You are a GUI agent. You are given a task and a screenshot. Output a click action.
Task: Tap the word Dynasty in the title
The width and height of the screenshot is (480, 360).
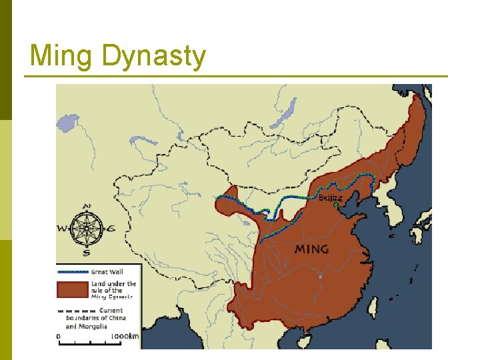tap(154, 57)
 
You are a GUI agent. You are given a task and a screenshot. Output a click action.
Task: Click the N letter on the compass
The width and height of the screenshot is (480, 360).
tap(87, 207)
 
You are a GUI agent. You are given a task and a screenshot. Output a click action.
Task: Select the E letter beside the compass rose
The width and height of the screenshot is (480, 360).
tap(111, 229)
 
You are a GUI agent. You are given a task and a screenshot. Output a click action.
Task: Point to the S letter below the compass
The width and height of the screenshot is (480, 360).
tap(87, 253)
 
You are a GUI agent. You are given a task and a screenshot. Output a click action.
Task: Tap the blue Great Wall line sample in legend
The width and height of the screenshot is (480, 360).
tap(72, 272)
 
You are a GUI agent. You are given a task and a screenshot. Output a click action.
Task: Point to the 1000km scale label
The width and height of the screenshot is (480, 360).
tap(125, 337)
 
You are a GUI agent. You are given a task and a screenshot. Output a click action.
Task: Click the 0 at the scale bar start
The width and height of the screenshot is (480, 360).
tap(59, 337)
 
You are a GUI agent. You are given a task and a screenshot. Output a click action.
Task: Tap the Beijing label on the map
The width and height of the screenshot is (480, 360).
tap(330, 197)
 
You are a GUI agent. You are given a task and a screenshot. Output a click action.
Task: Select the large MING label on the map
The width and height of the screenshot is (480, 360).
tap(311, 249)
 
